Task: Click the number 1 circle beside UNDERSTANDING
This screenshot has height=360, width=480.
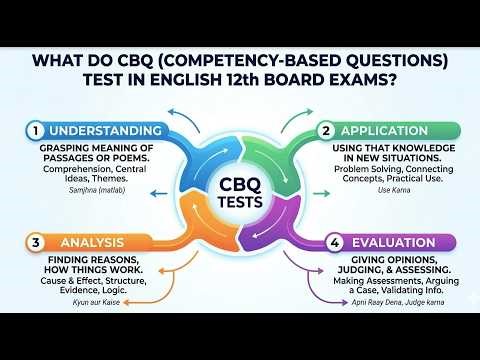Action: tap(35, 131)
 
